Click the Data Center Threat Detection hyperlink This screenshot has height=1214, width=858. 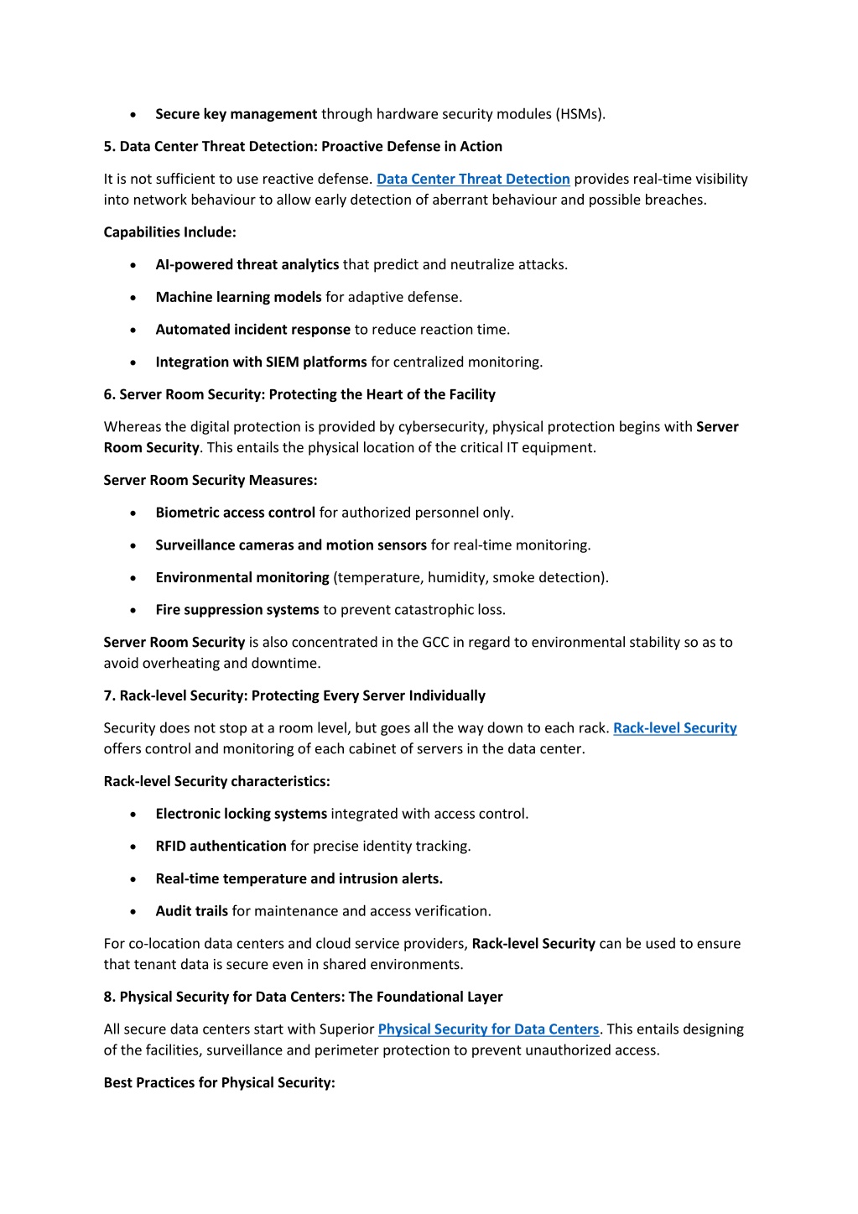coord(473,179)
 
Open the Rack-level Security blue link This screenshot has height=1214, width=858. coord(674,728)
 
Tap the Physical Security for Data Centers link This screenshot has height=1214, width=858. coord(488,1029)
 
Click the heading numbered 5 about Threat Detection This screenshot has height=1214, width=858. coord(303,147)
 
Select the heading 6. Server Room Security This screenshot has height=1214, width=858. coord(299,394)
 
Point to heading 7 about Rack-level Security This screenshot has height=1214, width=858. coord(294,696)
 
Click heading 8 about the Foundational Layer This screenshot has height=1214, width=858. coord(303,997)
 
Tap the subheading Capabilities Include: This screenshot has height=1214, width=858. coord(169,232)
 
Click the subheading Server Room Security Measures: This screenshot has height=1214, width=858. coord(211,481)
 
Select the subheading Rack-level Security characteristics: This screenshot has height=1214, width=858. coord(216,782)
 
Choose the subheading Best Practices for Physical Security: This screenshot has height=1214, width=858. coord(219,1083)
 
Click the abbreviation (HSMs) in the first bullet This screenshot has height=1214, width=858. coord(580,114)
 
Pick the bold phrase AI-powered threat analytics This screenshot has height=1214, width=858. coord(247,265)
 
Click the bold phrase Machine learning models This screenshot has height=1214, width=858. coord(238,298)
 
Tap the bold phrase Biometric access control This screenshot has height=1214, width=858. coord(235,513)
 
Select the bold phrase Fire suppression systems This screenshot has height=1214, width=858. coord(237,610)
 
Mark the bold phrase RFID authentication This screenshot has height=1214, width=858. coord(221,847)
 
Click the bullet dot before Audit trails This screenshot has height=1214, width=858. coord(133,912)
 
